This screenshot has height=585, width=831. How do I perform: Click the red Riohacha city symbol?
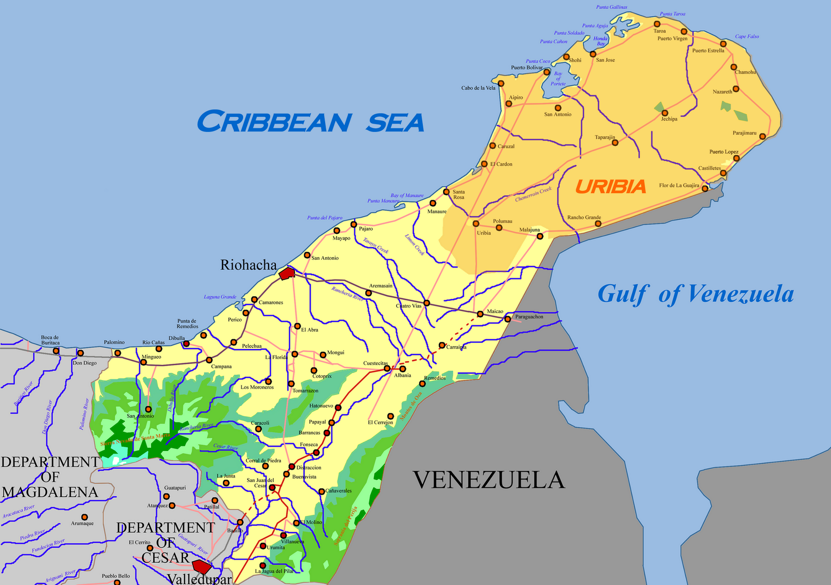point(286,273)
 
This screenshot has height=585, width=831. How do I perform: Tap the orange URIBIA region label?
point(610,187)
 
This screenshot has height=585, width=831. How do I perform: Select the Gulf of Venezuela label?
point(695,294)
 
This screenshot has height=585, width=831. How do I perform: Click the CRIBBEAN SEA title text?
point(310,122)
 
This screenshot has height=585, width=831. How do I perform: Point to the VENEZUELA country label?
point(488,480)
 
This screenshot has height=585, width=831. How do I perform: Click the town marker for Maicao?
point(480,314)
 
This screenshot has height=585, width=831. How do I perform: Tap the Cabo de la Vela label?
point(478,88)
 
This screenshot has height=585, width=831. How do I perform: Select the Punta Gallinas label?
point(611,7)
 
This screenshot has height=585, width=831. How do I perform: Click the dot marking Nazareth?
point(736,89)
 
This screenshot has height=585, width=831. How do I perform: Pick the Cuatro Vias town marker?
point(426,303)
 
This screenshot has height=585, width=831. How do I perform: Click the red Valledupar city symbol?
point(201,566)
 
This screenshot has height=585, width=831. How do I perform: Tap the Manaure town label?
point(437,211)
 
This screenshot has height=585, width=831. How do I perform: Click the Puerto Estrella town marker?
point(723,44)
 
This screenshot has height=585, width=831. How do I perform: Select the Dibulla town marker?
point(186,344)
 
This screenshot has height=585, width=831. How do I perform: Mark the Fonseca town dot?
point(316,453)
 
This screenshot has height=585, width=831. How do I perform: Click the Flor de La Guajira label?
point(679,185)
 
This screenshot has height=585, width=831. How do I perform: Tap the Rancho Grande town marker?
point(598,224)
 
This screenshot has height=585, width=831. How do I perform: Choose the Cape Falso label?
point(747,37)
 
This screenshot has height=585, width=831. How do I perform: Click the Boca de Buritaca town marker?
point(56,351)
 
